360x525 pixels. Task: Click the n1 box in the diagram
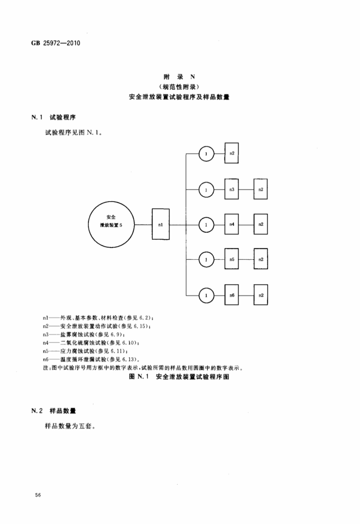pos(160,224)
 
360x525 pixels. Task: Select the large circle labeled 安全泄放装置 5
pos(111,224)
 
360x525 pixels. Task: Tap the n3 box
pos(232,189)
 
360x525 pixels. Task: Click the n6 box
pos(232,295)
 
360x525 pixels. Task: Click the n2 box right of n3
pos(261,189)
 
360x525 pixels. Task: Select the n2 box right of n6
pos(261,295)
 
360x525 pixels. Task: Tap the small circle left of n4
pos(206,225)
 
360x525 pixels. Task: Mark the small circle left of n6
pos(206,295)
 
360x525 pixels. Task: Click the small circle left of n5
pos(206,260)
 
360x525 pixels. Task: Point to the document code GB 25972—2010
pos(55,43)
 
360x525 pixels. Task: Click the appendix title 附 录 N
pos(179,77)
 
